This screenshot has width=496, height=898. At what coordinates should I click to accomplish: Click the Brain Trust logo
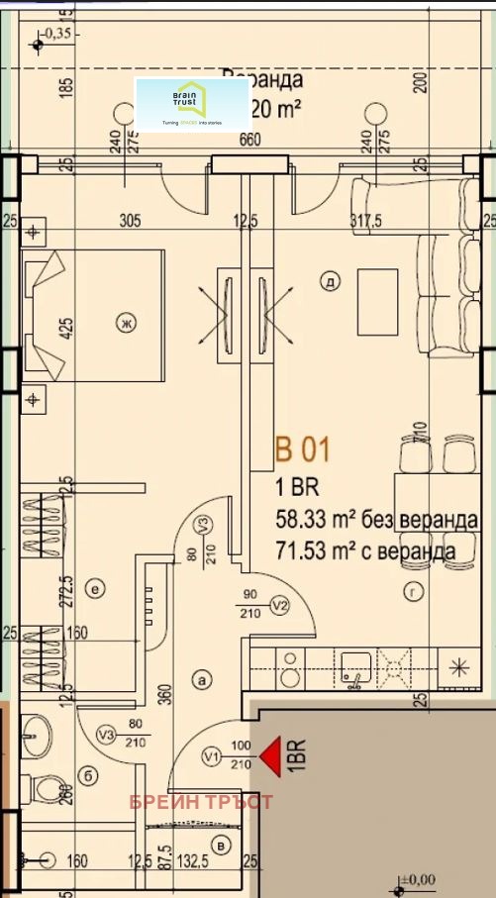(x=192, y=104)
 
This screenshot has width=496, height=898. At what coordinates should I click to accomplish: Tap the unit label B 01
(x=302, y=450)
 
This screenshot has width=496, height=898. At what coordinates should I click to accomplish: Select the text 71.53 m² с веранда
(x=365, y=549)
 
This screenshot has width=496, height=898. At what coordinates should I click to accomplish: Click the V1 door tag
(x=210, y=758)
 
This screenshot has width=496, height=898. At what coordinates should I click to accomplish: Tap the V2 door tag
(x=279, y=605)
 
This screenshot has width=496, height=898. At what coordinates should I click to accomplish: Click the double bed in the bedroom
(x=94, y=317)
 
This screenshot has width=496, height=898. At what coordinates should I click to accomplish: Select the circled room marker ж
(x=125, y=322)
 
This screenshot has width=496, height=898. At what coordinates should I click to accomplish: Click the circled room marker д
(x=329, y=282)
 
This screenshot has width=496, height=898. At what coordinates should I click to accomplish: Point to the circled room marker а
(x=204, y=679)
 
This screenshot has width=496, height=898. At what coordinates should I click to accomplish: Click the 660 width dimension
(x=249, y=140)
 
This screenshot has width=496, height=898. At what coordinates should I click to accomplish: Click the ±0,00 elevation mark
(x=418, y=878)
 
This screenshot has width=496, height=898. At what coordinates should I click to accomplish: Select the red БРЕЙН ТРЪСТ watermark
(x=201, y=801)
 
